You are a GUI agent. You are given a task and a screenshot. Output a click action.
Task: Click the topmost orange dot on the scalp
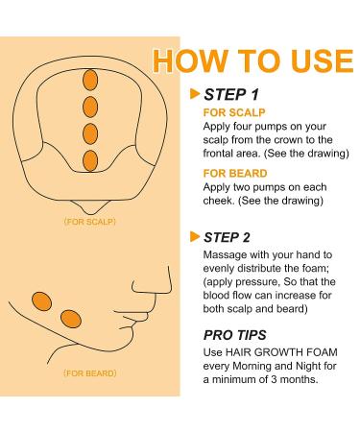[90, 80]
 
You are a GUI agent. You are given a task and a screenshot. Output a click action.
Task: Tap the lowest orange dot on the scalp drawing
[90, 160]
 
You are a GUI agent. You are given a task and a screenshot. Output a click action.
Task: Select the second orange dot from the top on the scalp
[90, 107]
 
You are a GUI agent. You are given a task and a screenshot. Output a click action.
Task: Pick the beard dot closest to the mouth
[71, 319]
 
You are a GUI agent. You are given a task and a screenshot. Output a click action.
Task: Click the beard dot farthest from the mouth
[41, 301]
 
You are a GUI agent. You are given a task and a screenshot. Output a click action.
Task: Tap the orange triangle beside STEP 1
[195, 94]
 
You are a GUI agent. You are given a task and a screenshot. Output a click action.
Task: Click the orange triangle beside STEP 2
[195, 236]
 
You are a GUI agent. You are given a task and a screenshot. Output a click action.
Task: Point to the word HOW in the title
[190, 60]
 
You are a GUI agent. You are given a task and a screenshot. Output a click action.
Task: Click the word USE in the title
[323, 60]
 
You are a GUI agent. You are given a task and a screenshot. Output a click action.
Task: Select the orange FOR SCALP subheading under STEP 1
[234, 112]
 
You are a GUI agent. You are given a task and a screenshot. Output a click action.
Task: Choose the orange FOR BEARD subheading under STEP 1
[235, 174]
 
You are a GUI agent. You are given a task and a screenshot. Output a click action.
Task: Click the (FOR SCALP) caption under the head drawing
[90, 222]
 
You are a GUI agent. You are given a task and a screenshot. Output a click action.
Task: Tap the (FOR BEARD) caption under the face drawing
[90, 373]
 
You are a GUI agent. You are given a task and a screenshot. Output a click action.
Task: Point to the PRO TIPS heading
[235, 335]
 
